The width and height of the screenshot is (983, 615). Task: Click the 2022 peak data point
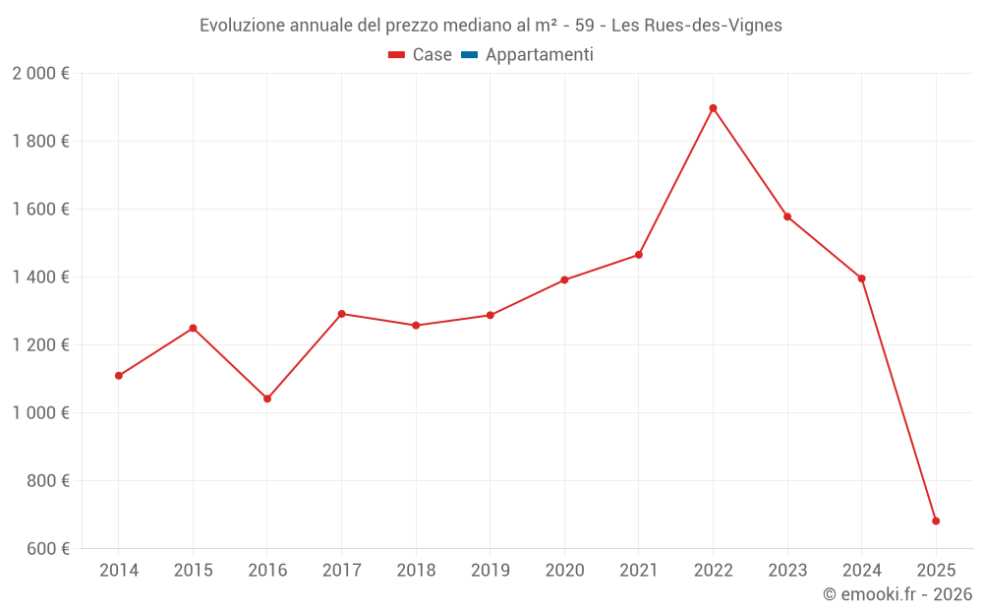[713, 108]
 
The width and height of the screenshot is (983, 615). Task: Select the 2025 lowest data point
[936, 521]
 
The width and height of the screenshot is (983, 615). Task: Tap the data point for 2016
[267, 399]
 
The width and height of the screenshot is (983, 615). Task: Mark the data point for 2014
[119, 375]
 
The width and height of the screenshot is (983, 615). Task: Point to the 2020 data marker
[564, 279]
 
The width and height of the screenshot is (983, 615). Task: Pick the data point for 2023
[787, 216]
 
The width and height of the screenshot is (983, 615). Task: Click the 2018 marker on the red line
[416, 325]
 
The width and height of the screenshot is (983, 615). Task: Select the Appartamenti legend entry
[539, 55]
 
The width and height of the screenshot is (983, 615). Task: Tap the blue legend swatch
[469, 55]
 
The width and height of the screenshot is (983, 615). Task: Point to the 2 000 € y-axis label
[40, 74]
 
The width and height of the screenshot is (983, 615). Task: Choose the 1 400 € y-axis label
[40, 277]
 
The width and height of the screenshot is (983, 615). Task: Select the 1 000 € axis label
[40, 413]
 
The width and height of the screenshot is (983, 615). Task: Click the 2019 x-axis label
[491, 570]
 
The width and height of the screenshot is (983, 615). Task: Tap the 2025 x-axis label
[936, 570]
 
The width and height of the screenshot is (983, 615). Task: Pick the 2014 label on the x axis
[119, 570]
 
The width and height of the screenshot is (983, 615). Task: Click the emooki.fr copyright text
[896, 594]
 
